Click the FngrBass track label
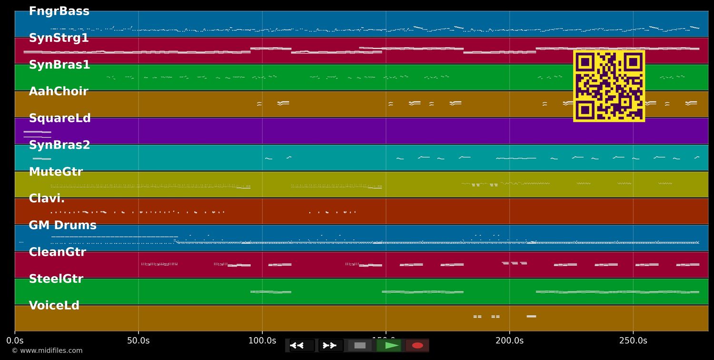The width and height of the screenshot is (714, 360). tap(59, 11)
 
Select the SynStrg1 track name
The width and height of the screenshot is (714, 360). tap(59, 38)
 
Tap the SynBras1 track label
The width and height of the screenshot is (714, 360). tap(59, 65)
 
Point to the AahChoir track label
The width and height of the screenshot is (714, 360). tap(59, 91)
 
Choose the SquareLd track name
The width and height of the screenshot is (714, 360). tap(59, 118)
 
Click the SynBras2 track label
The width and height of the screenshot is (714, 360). tap(59, 145)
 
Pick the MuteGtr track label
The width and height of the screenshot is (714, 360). tap(56, 172)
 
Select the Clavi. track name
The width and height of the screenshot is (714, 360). tap(47, 199)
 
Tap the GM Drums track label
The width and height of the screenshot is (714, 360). tap(62, 225)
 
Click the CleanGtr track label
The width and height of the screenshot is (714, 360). tap(57, 252)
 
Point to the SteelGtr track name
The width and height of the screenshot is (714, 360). tap(56, 279)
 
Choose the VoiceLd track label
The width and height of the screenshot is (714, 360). tap(54, 306)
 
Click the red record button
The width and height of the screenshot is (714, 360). tap(417, 346)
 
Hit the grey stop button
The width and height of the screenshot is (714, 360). tap(360, 346)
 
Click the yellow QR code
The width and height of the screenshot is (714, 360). tap(609, 86)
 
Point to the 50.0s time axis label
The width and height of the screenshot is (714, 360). tap(139, 341)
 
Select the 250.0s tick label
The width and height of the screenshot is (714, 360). tap(633, 341)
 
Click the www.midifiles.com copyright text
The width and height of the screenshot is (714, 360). tap(47, 351)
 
